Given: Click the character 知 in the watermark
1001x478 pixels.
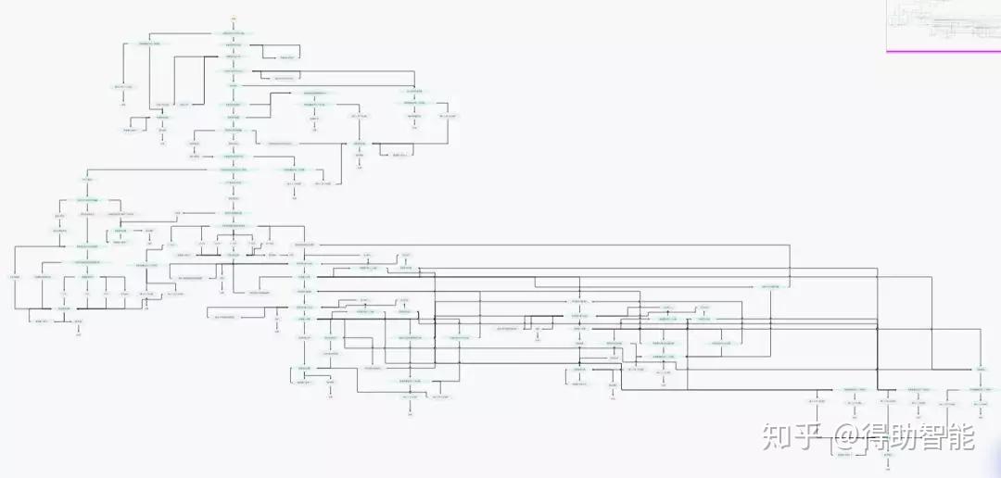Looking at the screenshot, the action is click(x=777, y=435).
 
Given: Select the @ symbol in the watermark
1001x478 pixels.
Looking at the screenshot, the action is click(x=847, y=435).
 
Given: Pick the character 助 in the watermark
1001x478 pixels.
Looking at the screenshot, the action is click(x=912, y=435).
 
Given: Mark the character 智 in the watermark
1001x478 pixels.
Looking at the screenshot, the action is click(x=940, y=435).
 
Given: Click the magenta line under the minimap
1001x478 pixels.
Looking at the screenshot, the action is click(x=944, y=51).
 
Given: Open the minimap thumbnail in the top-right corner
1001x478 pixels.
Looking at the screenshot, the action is click(x=944, y=25).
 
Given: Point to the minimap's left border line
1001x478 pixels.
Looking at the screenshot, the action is click(x=887, y=25).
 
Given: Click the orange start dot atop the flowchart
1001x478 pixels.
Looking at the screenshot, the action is click(x=234, y=19).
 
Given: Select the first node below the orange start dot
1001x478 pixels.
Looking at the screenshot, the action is click(x=234, y=33).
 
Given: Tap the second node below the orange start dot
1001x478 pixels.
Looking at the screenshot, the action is click(x=234, y=44).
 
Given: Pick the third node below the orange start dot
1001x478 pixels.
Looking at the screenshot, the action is click(x=234, y=57).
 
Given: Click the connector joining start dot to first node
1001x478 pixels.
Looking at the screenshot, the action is click(x=234, y=26).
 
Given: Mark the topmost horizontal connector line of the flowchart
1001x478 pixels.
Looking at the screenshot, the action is click(x=185, y=34).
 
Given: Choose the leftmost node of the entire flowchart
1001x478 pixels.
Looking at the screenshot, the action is click(x=14, y=277).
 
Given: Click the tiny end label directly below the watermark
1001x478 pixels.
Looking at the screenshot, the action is click(x=887, y=466).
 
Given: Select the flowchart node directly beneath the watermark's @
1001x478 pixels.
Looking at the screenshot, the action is click(x=845, y=455).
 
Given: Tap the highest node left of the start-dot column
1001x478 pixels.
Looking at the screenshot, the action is click(x=150, y=44).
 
